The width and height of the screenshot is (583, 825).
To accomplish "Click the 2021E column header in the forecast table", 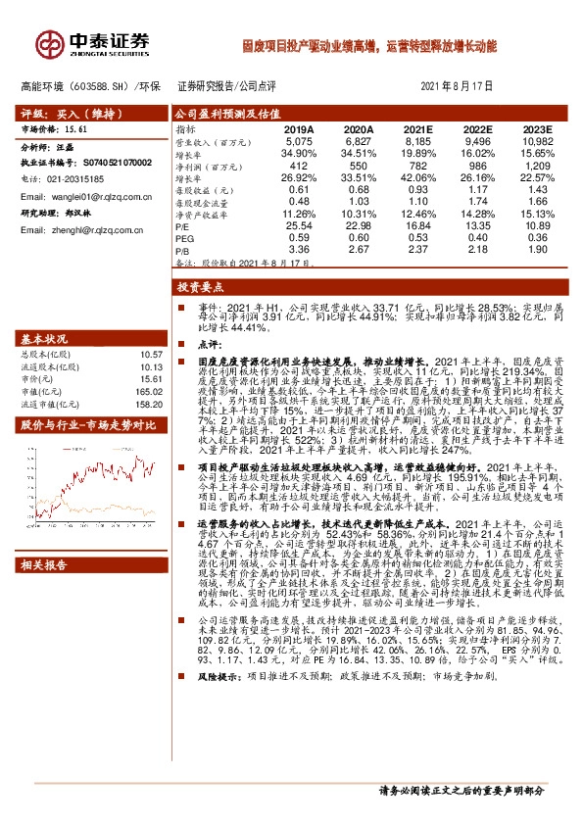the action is (416, 129).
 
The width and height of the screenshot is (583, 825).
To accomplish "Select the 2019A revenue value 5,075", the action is (298, 141).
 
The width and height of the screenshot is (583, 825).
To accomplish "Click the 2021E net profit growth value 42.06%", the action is (416, 179).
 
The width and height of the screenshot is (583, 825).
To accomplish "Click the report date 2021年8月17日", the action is (455, 86).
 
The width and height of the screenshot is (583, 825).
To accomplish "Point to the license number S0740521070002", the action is (109, 162).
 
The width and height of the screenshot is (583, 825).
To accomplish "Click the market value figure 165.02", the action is (149, 390).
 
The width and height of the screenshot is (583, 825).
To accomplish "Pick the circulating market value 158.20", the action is (149, 403).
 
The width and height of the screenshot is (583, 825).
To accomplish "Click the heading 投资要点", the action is (196, 287).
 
